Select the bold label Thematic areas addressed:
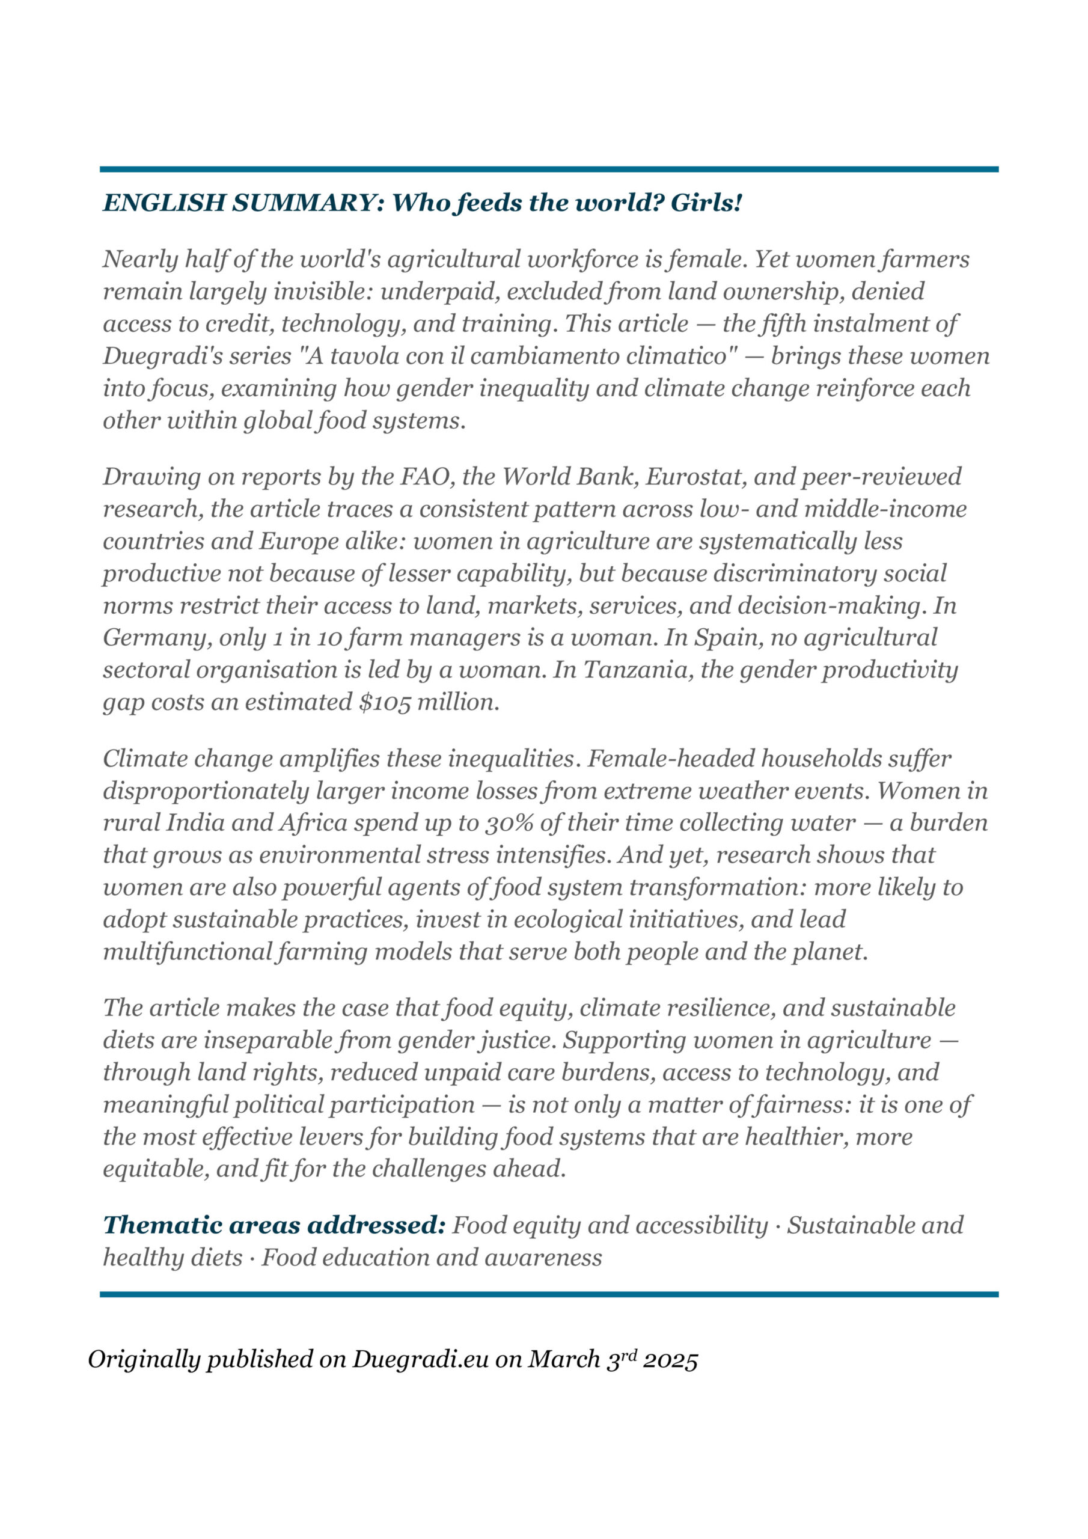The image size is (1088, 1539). click(274, 1225)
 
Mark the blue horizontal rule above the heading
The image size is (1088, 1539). click(549, 170)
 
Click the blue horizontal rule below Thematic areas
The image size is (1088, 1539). click(549, 1294)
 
